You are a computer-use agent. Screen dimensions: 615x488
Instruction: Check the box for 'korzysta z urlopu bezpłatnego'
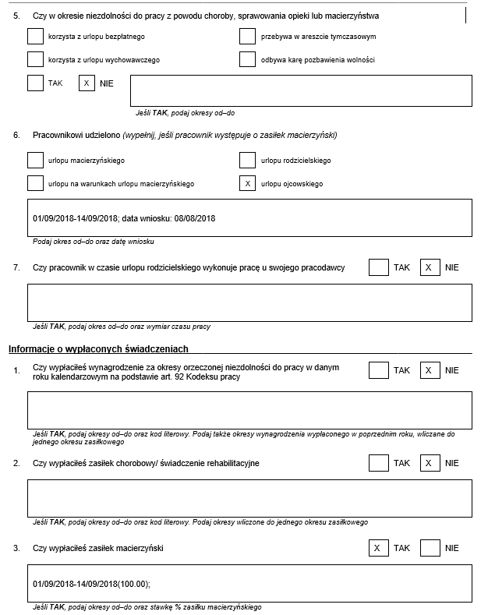pos(35,36)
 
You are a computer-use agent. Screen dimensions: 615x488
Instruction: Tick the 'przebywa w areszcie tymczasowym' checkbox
pos(247,36)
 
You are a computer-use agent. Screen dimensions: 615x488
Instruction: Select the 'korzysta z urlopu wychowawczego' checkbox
pos(35,59)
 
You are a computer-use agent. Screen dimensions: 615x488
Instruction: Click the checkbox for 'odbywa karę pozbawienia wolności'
pos(247,59)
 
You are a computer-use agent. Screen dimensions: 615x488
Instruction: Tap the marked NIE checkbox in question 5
pos(87,83)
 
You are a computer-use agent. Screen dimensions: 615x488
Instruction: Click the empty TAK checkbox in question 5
pos(35,83)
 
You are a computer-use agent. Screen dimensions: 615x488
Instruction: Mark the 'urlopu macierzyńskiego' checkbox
pos(35,160)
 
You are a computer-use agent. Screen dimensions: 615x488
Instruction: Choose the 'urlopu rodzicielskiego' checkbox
pos(247,160)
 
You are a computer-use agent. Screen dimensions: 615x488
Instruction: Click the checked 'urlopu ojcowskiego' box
pos(247,183)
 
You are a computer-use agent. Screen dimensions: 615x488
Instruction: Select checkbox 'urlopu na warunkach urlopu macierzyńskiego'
pos(35,183)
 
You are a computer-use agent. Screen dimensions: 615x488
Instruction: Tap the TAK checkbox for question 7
pos(378,267)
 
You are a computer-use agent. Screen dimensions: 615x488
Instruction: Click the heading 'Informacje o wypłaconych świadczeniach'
pos(98,348)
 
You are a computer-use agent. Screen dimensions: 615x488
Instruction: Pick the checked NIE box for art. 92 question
pos(428,370)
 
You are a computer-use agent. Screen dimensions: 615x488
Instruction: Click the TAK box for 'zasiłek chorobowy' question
pos(378,462)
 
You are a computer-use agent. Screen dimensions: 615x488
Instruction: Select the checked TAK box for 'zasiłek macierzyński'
pos(378,548)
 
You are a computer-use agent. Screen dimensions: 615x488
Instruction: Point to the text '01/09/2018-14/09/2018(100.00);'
pos(91,583)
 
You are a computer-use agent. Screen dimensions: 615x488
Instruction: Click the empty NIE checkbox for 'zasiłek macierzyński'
pos(430,548)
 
